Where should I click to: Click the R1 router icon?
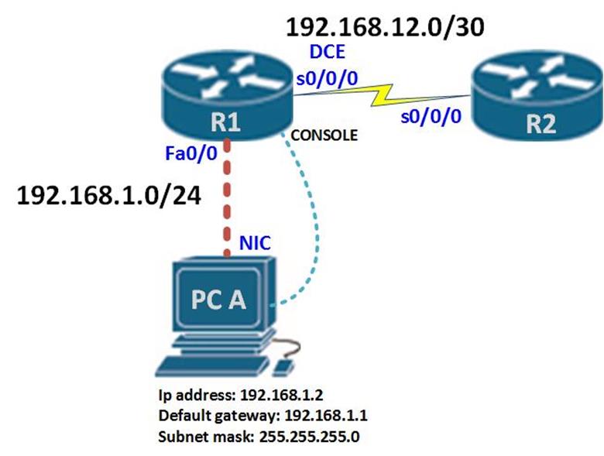pyautogui.click(x=225, y=96)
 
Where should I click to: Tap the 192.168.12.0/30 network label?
pyautogui.click(x=385, y=27)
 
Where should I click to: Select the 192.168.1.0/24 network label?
pyautogui.click(x=108, y=197)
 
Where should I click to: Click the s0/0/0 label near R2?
pyautogui.click(x=430, y=116)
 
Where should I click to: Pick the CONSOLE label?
pyautogui.click(x=324, y=135)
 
